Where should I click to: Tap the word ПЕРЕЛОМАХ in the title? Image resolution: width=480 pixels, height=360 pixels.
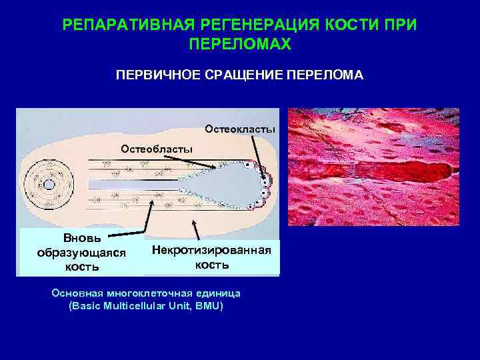240,44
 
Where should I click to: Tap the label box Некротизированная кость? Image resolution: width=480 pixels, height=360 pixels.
212,257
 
